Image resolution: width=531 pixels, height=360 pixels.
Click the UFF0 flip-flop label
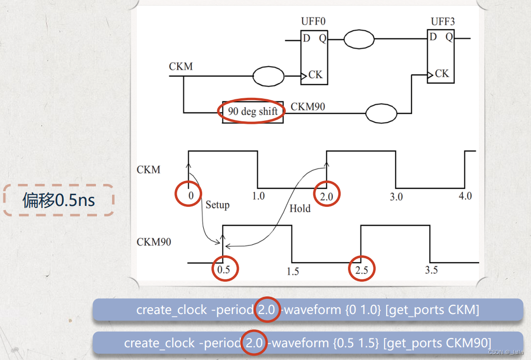point(313,22)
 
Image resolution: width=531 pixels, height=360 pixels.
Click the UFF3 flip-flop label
point(442,22)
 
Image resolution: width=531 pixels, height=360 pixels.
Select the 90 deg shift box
point(253,112)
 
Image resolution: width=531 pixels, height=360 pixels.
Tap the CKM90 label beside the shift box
point(308,107)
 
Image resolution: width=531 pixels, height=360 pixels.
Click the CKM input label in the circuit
point(181,67)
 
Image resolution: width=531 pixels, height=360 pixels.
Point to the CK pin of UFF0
point(315,75)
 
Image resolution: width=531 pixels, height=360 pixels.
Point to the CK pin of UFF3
point(441,73)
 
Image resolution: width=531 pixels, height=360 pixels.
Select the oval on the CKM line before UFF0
point(268,76)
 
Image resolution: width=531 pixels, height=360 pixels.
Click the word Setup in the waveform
point(217,205)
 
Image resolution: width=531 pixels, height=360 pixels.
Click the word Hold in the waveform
point(300,209)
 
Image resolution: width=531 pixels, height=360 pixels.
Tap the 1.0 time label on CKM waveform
point(258,196)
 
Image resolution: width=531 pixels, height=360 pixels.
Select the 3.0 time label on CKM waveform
point(396,197)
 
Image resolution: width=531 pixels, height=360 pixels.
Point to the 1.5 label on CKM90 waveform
point(292,271)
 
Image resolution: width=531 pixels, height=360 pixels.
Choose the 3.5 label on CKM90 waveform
point(431,270)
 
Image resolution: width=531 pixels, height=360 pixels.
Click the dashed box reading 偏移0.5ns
point(59,200)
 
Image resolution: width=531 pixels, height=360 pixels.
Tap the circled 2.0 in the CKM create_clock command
point(267,310)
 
